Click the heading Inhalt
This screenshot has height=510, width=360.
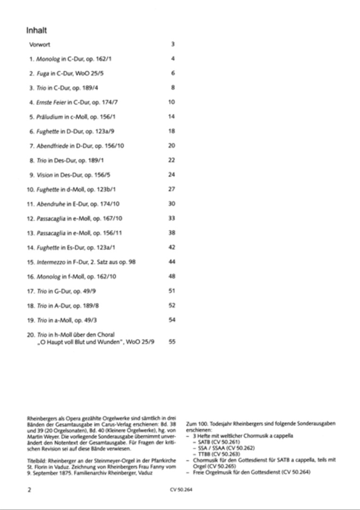(x=36, y=31)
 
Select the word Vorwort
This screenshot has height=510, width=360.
(x=40, y=45)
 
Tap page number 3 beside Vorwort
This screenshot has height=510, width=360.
(x=173, y=45)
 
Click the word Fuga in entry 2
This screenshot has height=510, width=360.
(x=43, y=74)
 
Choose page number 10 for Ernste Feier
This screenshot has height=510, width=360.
(x=171, y=102)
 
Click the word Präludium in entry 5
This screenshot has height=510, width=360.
(x=50, y=117)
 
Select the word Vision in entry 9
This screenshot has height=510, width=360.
(x=44, y=175)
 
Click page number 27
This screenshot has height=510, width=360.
(x=171, y=189)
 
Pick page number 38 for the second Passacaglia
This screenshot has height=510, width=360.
(x=171, y=233)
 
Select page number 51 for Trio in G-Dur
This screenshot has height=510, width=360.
(x=171, y=291)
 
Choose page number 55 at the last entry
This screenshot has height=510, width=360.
(x=171, y=342)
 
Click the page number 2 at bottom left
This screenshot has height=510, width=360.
(x=29, y=490)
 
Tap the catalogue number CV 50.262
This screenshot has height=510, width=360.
(x=239, y=447)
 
